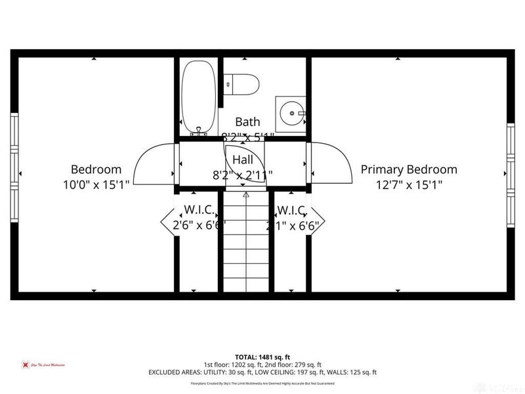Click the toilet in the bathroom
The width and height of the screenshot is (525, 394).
(x=243, y=84)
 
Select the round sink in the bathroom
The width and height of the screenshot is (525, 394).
(x=290, y=112)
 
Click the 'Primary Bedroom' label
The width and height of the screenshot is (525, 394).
(x=409, y=169)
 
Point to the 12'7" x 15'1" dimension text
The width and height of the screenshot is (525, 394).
(x=409, y=185)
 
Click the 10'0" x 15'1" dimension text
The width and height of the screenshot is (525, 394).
(x=96, y=185)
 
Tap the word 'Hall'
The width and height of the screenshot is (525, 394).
(x=243, y=160)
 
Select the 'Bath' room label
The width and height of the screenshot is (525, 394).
(x=247, y=121)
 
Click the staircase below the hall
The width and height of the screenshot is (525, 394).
(x=245, y=243)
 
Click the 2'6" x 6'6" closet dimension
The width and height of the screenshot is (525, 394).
(x=194, y=225)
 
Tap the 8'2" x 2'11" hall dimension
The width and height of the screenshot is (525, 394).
(x=243, y=175)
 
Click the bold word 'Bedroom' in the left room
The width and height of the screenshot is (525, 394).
(x=96, y=169)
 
